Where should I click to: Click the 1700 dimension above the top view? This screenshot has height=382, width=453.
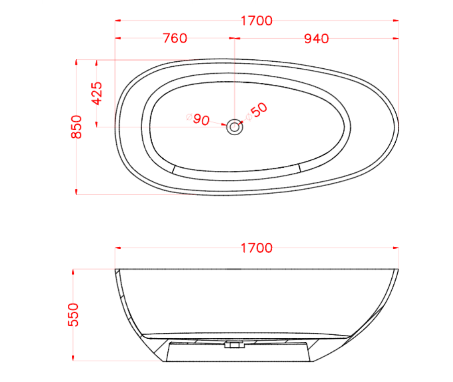[x=257, y=21]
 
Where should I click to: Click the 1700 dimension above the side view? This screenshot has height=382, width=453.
[x=257, y=248]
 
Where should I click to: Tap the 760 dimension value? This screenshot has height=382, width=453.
[x=175, y=38]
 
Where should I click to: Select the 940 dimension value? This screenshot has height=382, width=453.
[x=316, y=38]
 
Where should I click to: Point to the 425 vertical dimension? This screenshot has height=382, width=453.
[x=96, y=93]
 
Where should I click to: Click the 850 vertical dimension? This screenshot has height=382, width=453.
[x=76, y=127]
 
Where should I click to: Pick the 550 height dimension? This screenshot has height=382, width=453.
[x=74, y=315]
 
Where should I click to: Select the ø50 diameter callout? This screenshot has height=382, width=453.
[x=256, y=112]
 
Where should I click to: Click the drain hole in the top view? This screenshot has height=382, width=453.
[x=234, y=127]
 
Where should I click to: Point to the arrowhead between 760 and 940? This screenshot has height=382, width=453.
[x=234, y=38]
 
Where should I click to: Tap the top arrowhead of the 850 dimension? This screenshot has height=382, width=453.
[x=76, y=62]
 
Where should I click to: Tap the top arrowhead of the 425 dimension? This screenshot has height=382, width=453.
[x=96, y=62]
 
